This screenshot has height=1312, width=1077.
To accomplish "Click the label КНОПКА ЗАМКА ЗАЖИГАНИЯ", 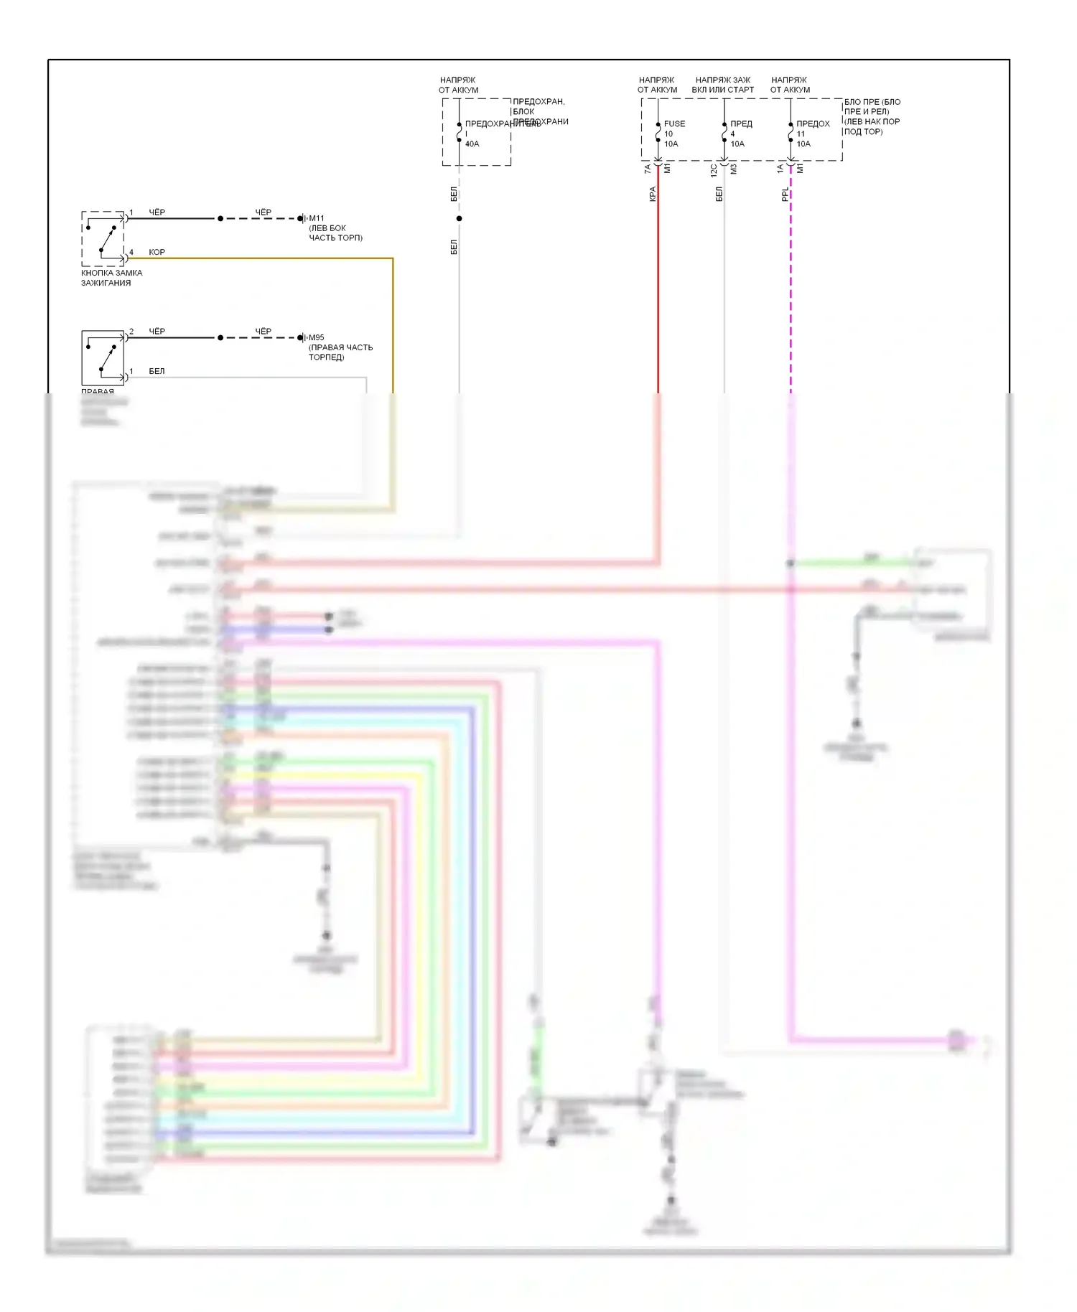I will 111,278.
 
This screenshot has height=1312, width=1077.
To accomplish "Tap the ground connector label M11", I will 316,218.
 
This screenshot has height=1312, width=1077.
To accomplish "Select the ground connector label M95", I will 316,337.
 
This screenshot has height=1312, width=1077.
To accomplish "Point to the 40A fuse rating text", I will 472,144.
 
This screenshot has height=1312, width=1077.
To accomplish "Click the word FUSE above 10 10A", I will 674,124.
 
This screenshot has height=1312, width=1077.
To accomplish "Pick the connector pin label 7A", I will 648,169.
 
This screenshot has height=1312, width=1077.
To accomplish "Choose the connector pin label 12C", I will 714,171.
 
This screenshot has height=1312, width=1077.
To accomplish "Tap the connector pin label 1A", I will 780,169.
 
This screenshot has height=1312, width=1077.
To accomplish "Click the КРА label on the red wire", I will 653,194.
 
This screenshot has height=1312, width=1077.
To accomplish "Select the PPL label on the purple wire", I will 785,194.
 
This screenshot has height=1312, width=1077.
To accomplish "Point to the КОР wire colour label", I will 157,252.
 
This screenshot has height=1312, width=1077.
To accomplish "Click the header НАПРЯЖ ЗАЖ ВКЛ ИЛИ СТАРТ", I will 723,85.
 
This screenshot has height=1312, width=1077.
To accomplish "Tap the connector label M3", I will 734,169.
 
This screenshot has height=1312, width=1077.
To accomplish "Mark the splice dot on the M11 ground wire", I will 220,218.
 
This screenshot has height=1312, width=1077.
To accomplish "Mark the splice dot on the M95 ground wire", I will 220,337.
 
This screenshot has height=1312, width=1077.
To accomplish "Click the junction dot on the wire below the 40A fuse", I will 459,218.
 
